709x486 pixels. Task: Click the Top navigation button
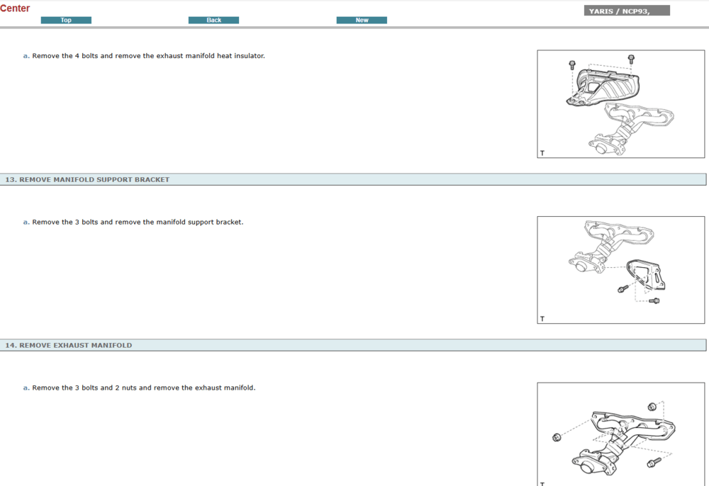(x=66, y=20)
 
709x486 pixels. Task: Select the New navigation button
(x=362, y=20)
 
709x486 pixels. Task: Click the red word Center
(x=15, y=8)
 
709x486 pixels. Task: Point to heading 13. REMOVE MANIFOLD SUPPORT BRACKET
(x=87, y=179)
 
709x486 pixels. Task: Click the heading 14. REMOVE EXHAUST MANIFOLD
(x=69, y=345)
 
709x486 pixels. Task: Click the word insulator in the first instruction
(x=249, y=56)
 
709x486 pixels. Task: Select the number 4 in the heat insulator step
(x=77, y=56)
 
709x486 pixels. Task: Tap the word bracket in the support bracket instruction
(x=229, y=222)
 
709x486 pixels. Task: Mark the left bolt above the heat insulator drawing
(x=572, y=64)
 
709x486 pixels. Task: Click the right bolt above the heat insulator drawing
(x=631, y=60)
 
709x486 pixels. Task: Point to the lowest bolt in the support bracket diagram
(x=654, y=301)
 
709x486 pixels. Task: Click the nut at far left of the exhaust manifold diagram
(x=557, y=437)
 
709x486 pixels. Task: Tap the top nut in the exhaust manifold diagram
(x=652, y=407)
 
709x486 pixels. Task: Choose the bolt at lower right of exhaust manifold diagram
(x=654, y=463)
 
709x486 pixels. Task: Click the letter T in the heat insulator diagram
(x=542, y=153)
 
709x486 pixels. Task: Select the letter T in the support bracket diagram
(x=542, y=319)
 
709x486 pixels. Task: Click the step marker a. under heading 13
(x=26, y=222)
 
